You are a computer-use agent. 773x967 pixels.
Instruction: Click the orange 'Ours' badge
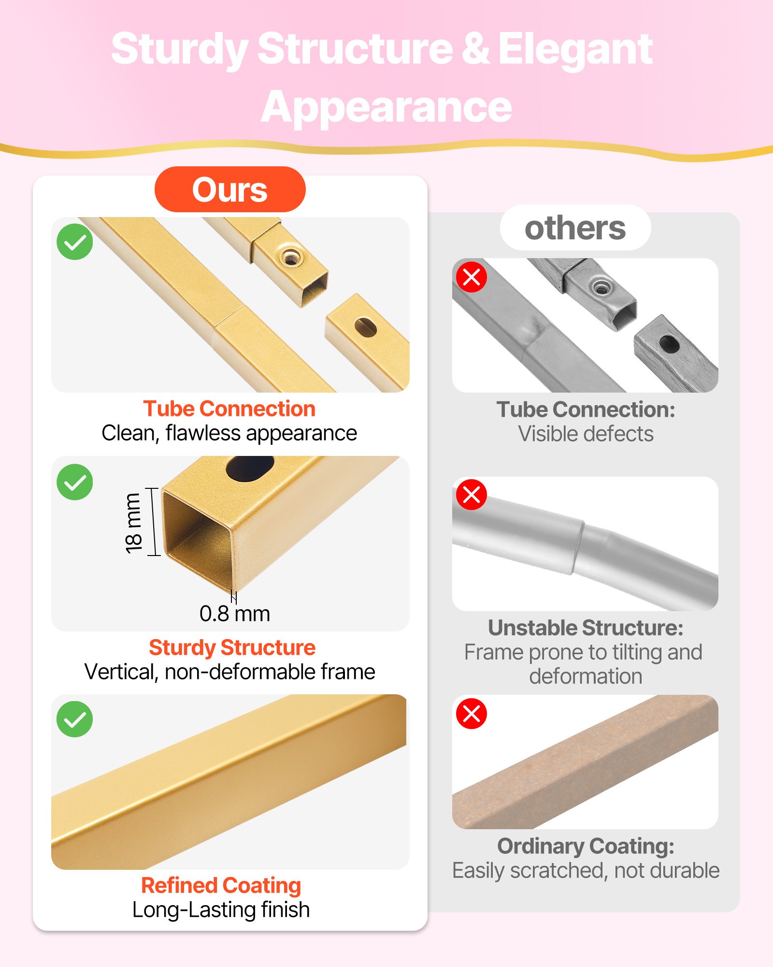[230, 189]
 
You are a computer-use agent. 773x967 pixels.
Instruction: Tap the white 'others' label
[575, 228]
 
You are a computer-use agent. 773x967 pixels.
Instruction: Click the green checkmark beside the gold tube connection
[75, 242]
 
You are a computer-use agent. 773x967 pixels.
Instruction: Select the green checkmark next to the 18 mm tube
[75, 482]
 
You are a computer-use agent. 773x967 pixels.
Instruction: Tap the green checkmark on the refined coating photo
[75, 719]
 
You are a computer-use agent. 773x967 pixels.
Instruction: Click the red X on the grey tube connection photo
[472, 277]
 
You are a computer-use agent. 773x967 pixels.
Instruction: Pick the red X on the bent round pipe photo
[472, 495]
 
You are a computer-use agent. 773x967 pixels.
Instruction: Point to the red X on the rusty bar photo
[472, 713]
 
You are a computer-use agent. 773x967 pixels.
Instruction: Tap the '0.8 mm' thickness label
[235, 614]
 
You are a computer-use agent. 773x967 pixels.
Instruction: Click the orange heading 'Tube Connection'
[229, 409]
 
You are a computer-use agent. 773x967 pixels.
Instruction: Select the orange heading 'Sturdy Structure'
[232, 647]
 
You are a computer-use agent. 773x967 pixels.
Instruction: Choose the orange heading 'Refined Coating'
[221, 886]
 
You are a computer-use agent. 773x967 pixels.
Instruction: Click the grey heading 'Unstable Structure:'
[586, 628]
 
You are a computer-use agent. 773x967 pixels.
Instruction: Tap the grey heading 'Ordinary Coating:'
[586, 846]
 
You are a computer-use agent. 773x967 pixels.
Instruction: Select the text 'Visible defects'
[586, 434]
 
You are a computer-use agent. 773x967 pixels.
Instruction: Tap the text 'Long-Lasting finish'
[221, 909]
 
